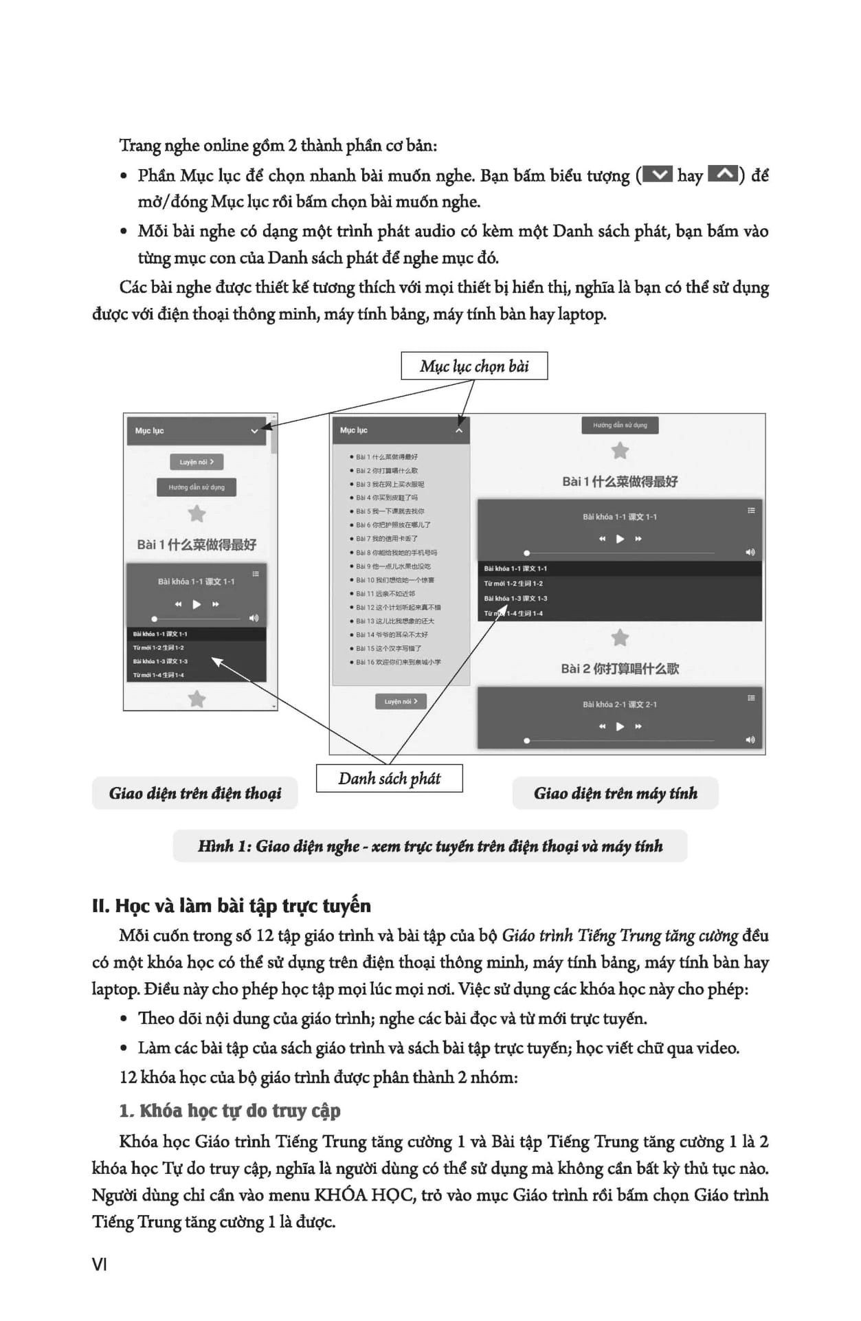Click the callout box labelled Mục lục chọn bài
point(474,366)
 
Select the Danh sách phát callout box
point(389,779)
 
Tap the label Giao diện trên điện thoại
point(195,794)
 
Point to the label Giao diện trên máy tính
point(615,794)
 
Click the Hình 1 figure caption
point(430,846)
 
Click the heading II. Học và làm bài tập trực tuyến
point(231,906)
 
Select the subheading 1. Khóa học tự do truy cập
point(230,1111)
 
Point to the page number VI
point(100,1265)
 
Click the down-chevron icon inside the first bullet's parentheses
point(659,175)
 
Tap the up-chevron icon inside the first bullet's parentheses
point(723,175)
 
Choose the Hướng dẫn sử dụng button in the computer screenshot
point(620,425)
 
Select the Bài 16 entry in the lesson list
point(399,662)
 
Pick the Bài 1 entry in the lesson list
point(387,457)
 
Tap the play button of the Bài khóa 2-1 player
point(620,726)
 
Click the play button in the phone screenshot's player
point(197,605)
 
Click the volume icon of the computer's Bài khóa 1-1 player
point(750,553)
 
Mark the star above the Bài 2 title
point(620,638)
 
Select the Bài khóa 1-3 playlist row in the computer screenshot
point(515,599)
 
